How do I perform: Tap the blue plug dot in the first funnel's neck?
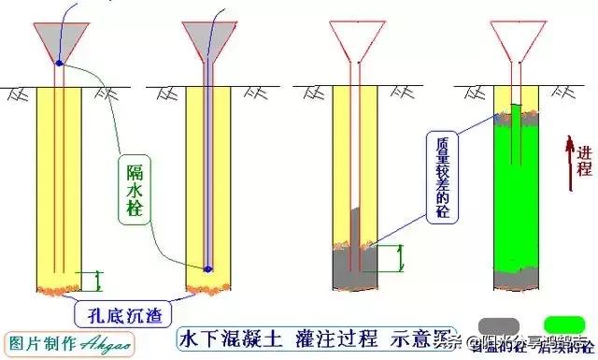59,64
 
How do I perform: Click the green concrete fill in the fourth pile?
514,187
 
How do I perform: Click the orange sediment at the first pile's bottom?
59,281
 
